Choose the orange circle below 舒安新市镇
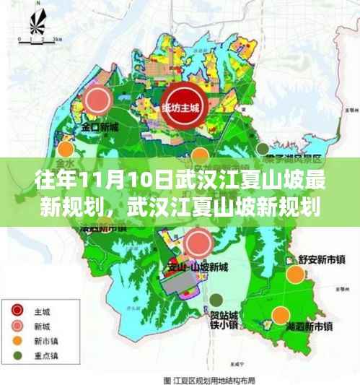tap(294, 275)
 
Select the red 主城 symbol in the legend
tap(18, 311)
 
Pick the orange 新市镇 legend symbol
tap(18, 341)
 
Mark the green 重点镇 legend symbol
tap(18, 356)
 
